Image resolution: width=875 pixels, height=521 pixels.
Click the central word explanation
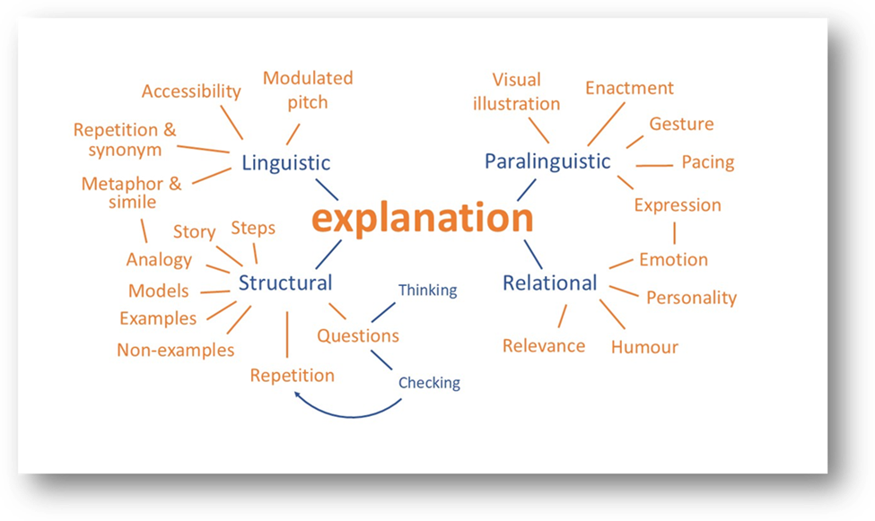coord(422,219)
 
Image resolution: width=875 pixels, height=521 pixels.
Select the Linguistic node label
coord(285,163)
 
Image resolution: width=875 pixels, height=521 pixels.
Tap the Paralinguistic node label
coord(547,161)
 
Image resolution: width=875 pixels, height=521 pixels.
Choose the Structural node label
coord(284,283)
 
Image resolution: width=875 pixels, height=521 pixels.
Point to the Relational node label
coord(549,283)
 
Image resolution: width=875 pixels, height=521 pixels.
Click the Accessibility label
coord(191,91)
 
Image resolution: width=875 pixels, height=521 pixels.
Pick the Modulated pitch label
coord(308,90)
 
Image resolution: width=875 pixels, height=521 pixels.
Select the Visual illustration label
coord(516,91)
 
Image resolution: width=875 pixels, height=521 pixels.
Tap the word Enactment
coord(629,88)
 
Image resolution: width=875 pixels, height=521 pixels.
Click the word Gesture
coord(681,124)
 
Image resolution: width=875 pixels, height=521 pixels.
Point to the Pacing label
coord(707,162)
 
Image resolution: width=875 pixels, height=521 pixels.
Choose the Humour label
coord(644,347)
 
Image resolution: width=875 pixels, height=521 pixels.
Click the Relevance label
coord(544,346)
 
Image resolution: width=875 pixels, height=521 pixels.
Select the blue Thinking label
coord(427,291)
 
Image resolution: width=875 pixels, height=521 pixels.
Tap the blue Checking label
coord(429,383)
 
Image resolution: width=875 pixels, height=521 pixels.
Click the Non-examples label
coord(175,351)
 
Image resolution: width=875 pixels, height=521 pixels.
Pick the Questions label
coord(358,336)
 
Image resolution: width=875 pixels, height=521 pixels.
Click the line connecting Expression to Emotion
coord(674,232)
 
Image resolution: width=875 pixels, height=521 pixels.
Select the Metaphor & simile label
coord(131,193)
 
